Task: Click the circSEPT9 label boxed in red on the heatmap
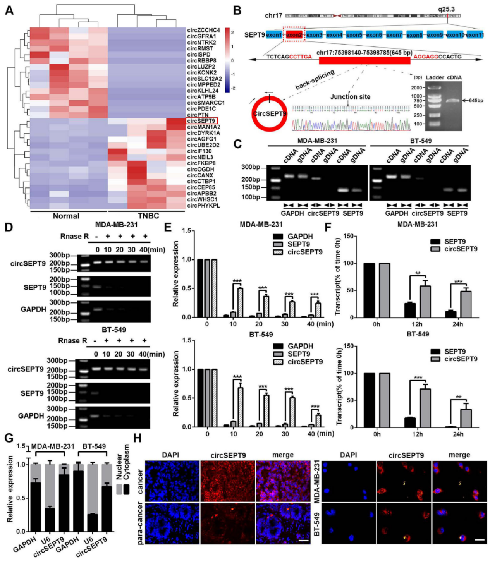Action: (x=201, y=121)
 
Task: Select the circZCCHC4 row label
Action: (x=203, y=30)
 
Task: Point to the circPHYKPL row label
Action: (x=203, y=206)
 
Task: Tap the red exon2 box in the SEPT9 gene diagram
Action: (x=294, y=35)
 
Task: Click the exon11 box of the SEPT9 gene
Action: (x=475, y=35)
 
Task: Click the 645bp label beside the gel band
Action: (x=476, y=101)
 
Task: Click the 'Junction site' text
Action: (x=350, y=97)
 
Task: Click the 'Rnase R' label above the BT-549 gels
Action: (x=72, y=341)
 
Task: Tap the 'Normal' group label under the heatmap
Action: (x=66, y=216)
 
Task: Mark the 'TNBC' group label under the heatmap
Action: (x=148, y=216)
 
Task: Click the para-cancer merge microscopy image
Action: (x=283, y=524)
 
